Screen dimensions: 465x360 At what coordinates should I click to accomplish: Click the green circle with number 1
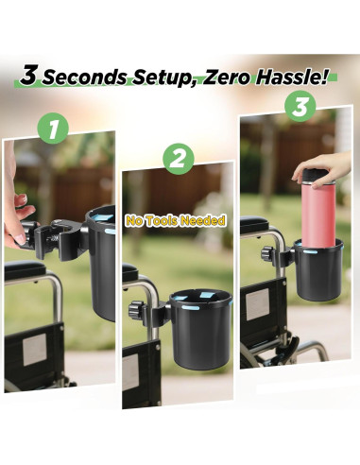pos(53,128)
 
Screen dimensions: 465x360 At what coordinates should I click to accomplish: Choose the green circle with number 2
pos(177,159)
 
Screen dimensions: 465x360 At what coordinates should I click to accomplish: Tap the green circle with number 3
pos(300,106)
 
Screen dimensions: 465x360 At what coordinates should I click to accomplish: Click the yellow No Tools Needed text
pos(176,220)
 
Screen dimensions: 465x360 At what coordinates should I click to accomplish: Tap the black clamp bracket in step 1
pos(57,241)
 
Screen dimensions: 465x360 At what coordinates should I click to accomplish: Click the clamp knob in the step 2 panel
pos(135,308)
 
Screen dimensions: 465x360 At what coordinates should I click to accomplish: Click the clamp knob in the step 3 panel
pos(269,255)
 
